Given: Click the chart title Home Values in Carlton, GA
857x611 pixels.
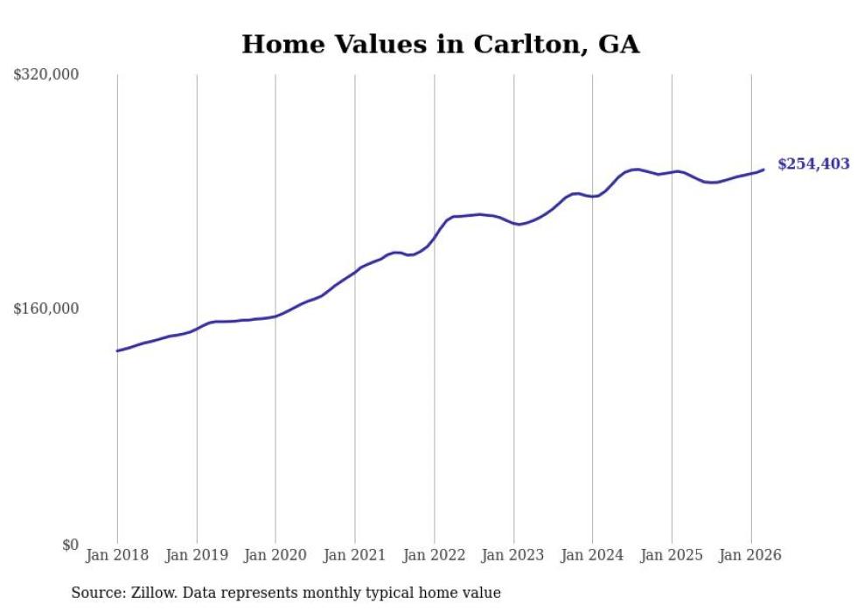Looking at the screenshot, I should (x=440, y=45).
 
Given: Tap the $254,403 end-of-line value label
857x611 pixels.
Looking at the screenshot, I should (x=813, y=164).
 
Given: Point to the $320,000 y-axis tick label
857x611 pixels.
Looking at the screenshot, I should (x=46, y=75).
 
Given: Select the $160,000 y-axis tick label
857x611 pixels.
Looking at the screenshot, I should (x=46, y=309).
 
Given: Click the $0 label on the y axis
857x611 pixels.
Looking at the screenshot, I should (x=70, y=545).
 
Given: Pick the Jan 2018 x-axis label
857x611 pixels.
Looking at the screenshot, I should (x=117, y=555).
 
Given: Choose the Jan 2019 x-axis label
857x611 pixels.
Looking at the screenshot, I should (x=197, y=555).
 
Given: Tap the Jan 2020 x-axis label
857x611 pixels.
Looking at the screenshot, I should (x=275, y=555).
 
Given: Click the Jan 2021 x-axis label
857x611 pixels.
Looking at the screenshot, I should (x=355, y=555).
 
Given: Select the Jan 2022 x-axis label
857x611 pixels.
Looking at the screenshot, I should (x=434, y=555).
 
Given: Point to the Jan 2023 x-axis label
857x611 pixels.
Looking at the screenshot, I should (x=513, y=555).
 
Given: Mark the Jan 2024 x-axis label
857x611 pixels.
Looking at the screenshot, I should (x=592, y=555).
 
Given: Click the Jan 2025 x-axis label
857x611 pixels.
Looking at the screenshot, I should (x=672, y=555).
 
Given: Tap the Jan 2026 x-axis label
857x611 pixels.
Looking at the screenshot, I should (x=750, y=555).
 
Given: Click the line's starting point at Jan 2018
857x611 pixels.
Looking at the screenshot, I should (x=117, y=351).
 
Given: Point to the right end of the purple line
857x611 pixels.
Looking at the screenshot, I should (x=763, y=170).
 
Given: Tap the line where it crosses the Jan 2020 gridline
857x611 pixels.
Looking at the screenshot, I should (x=275, y=316).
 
